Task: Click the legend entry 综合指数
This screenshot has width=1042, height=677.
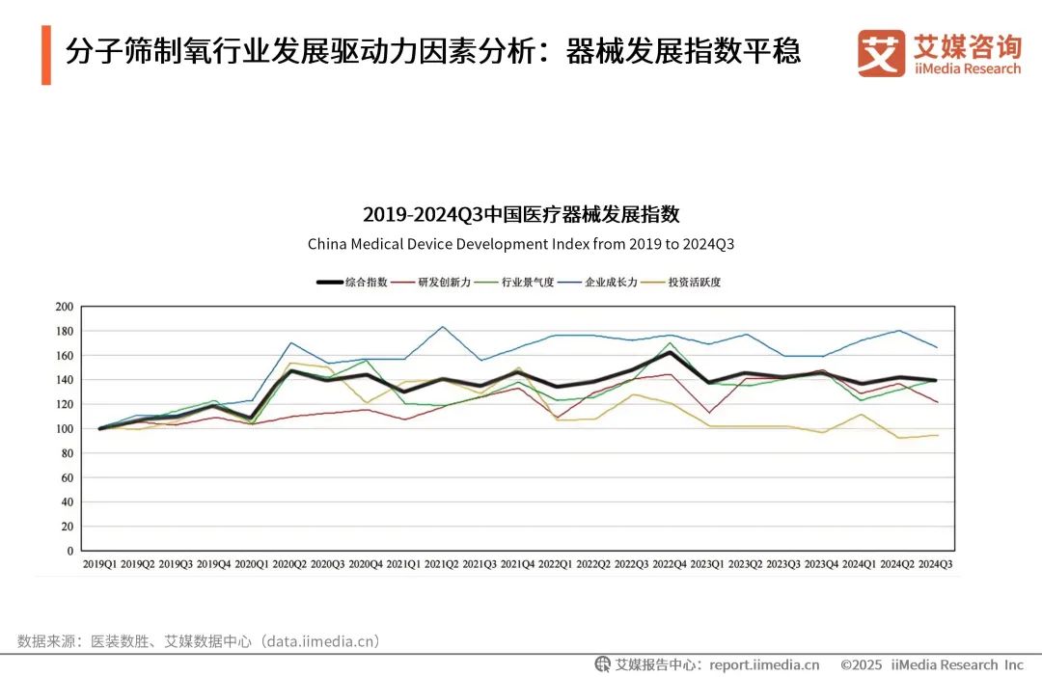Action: [x=352, y=283]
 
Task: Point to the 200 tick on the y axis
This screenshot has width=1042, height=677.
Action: [x=65, y=307]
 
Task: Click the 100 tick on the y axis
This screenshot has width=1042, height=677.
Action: [x=65, y=429]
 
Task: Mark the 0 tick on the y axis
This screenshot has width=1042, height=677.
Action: [x=70, y=552]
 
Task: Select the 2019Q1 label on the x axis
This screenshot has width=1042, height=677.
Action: [x=99, y=563]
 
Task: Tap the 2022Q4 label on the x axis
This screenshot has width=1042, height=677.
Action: [x=670, y=563]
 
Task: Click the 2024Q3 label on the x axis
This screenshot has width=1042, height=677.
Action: [x=935, y=563]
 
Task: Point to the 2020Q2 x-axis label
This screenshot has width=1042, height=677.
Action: [x=289, y=563]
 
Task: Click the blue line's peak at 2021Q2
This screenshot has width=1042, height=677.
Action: [x=442, y=326]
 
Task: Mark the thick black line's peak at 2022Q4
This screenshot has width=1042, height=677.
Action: [x=670, y=352]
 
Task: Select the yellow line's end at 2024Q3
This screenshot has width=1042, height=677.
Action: [x=936, y=435]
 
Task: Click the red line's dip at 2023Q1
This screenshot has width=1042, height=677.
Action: [x=708, y=413]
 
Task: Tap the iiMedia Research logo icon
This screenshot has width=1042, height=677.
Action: [x=881, y=53]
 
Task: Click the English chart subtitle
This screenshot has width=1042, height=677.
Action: [x=521, y=244]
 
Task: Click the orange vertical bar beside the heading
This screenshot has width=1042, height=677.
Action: [x=45, y=55]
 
